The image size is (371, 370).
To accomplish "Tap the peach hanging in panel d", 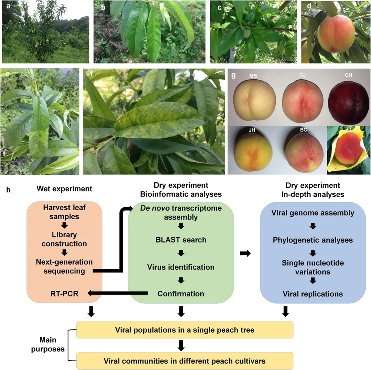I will (336, 33).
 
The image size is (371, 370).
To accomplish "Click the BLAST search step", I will (180, 240).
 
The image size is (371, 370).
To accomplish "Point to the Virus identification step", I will (180, 267).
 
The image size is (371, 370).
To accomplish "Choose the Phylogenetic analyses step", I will (313, 240).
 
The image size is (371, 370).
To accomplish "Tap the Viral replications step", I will (313, 294).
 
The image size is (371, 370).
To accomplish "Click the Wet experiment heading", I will (64, 189).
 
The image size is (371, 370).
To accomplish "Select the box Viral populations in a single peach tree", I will (185, 330).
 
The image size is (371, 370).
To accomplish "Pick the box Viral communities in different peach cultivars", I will (185, 361).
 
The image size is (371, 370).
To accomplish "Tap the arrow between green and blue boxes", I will (245, 254).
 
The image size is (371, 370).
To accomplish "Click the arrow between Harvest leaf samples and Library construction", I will (64, 225).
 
